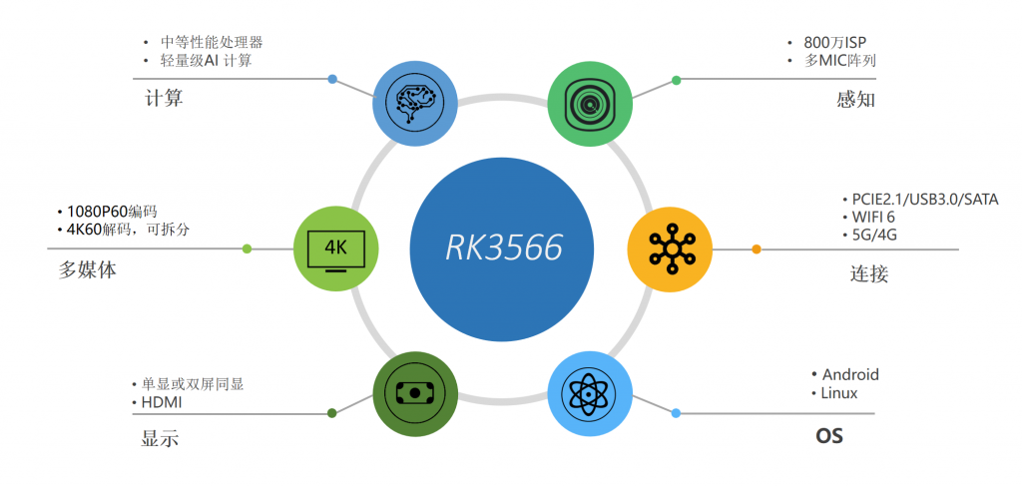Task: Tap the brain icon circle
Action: (415, 100)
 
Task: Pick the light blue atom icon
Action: (591, 393)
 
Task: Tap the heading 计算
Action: (164, 100)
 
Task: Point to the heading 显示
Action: (161, 439)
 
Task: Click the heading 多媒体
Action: (88, 269)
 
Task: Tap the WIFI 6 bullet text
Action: (874, 218)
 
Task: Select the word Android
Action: (850, 374)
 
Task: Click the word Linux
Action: (839, 393)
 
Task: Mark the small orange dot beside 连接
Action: (757, 248)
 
